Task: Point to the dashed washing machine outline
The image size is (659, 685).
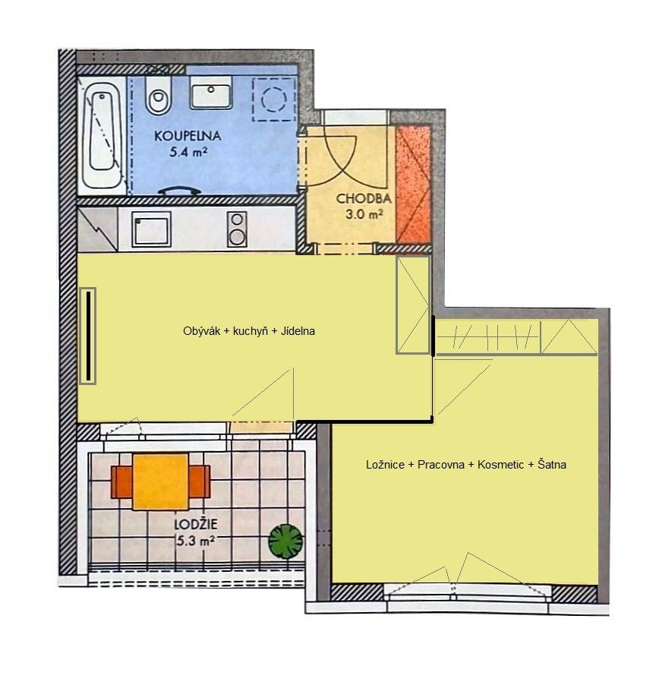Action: (x=274, y=99)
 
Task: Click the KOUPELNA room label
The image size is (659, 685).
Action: (x=188, y=136)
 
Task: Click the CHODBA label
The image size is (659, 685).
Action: (x=364, y=199)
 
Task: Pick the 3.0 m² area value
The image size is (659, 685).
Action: (x=364, y=214)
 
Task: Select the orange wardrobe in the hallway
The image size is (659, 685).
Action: (x=414, y=184)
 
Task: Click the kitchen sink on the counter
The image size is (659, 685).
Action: (x=151, y=229)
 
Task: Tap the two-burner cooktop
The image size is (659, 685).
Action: (x=237, y=229)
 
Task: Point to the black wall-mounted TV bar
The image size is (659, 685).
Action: (x=88, y=336)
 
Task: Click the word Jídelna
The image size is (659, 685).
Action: (x=298, y=331)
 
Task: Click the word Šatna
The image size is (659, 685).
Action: (x=552, y=464)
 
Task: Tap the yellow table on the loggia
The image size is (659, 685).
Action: (x=161, y=482)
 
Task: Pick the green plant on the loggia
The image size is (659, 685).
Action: (x=285, y=541)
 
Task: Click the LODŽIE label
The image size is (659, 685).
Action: (x=196, y=524)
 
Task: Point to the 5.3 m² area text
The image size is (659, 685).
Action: (x=195, y=541)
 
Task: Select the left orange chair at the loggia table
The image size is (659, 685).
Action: (x=121, y=482)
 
